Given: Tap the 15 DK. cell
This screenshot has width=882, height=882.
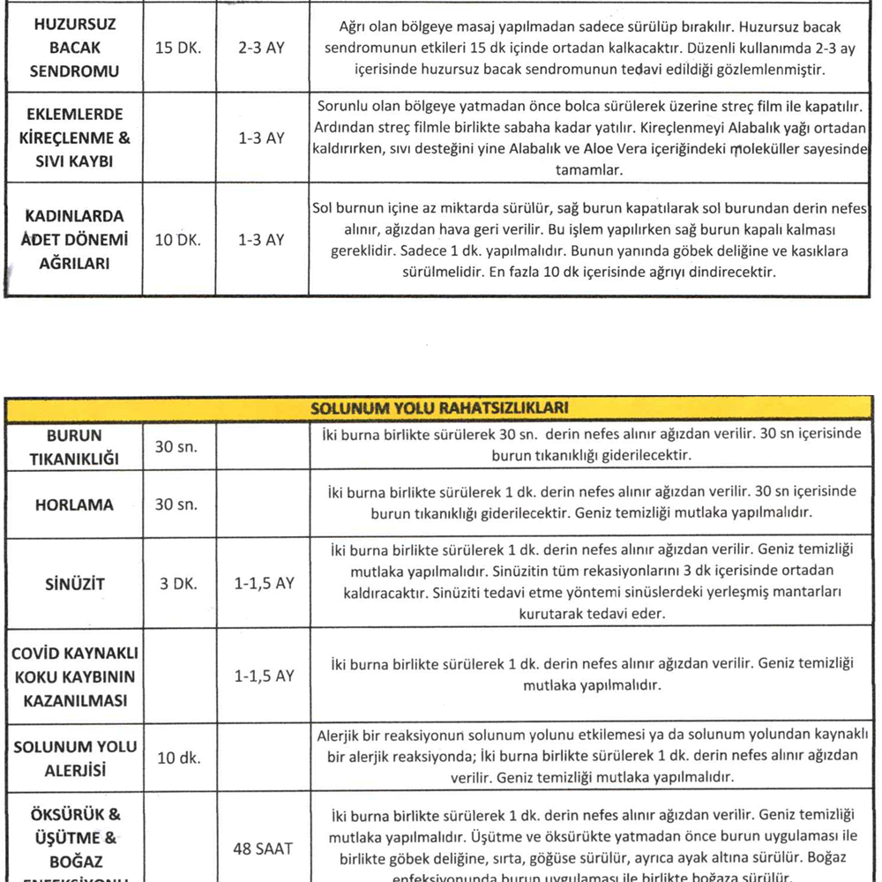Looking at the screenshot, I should click(178, 48).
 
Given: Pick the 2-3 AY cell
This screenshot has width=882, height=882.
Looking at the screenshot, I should click(261, 48).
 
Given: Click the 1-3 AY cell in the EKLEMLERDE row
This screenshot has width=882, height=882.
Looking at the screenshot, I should click(261, 139).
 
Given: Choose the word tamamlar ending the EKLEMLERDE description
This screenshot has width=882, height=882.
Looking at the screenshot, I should click(588, 171).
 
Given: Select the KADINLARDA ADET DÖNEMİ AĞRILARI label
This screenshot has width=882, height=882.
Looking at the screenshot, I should click(74, 239).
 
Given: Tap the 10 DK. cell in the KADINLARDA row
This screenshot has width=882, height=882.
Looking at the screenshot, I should click(178, 239).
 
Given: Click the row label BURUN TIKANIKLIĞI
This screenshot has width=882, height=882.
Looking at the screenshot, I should click(74, 447).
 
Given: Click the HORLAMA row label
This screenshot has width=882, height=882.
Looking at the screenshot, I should click(74, 505).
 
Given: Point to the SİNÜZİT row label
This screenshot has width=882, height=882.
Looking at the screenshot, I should click(74, 583).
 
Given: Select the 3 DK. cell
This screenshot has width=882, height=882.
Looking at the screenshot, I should click(178, 583).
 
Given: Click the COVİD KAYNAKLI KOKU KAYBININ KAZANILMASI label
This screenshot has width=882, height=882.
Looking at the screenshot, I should click(73, 676).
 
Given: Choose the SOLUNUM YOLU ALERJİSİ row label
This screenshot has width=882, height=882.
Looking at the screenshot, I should click(74, 758).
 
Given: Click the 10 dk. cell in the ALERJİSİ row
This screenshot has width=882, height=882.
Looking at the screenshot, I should click(177, 758).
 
